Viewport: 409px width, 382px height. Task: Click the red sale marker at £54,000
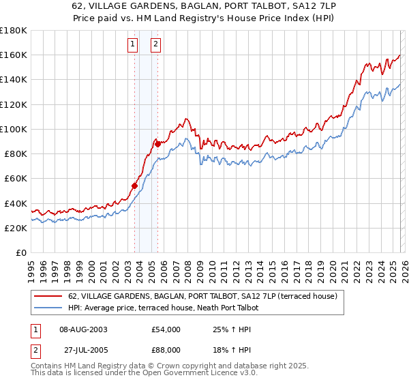tap(134, 186)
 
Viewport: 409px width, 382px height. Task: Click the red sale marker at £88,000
tap(157, 143)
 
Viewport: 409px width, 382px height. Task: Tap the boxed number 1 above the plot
tap(133, 45)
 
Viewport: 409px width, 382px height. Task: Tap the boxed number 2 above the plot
tap(156, 45)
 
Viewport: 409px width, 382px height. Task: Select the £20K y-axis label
tap(15, 228)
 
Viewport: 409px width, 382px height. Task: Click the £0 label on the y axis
tap(20, 253)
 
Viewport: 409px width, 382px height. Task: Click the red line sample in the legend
tap(48, 297)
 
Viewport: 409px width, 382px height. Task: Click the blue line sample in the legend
tap(48, 308)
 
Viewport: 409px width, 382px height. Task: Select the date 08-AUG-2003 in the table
tap(83, 329)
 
